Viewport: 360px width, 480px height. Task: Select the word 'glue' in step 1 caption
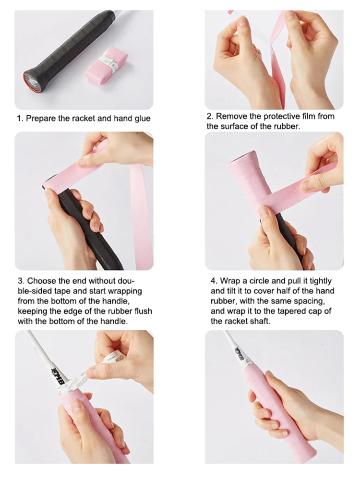pyautogui.click(x=143, y=119)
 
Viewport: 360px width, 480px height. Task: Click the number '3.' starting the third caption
pyautogui.click(x=22, y=281)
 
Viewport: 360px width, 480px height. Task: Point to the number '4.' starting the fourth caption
pyautogui.click(x=214, y=281)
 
